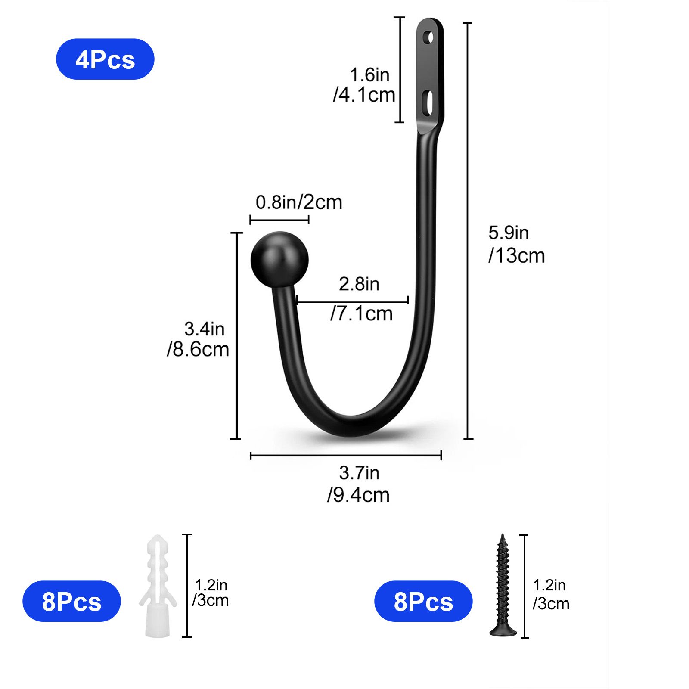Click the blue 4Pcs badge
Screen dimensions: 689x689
pyautogui.click(x=105, y=59)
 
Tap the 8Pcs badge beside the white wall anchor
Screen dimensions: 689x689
pyautogui.click(x=71, y=601)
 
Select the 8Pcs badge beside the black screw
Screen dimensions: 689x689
pyautogui.click(x=423, y=601)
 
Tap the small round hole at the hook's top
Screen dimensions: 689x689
pyautogui.click(x=428, y=37)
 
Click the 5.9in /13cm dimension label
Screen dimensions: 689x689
pyautogui.click(x=516, y=244)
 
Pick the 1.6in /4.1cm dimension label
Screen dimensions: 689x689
pyautogui.click(x=365, y=85)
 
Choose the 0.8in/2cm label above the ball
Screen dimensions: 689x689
pyautogui.click(x=299, y=202)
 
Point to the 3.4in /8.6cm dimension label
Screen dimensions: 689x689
pyautogui.click(x=199, y=339)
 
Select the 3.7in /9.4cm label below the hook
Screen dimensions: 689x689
pyautogui.click(x=359, y=484)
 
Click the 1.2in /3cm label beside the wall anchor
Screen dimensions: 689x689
pyautogui.click(x=211, y=593)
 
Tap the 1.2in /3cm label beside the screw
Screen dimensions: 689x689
pyautogui.click(x=551, y=594)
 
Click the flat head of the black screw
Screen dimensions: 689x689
pyautogui.click(x=503, y=631)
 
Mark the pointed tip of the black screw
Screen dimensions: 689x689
pyautogui.click(x=502, y=537)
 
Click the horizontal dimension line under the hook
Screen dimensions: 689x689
pyautogui.click(x=346, y=455)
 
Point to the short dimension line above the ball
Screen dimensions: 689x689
pyautogui.click(x=279, y=220)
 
